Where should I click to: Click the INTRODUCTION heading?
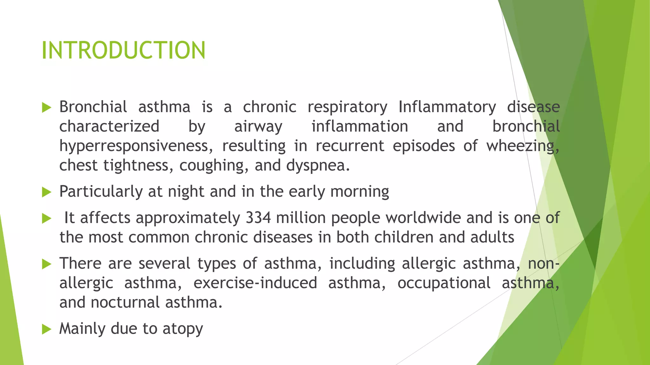123,50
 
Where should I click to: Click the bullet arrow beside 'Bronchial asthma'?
46,108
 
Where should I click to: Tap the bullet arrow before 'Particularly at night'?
46,192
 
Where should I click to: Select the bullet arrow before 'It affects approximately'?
46,218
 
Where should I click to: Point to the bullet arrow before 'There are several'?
46,264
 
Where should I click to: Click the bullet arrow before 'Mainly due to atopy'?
46,329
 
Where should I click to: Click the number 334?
258,218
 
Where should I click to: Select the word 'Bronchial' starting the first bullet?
93,107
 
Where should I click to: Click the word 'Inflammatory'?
447,107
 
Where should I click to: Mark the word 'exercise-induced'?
255,283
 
